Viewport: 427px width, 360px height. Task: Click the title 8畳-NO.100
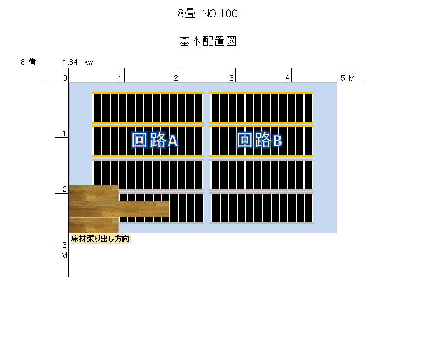[x=208, y=13]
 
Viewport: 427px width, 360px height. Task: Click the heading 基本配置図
[x=208, y=41]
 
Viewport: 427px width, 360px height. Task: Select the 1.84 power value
[x=70, y=62]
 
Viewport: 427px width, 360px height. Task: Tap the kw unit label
[x=89, y=62]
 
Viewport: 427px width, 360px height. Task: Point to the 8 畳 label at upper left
[x=28, y=62]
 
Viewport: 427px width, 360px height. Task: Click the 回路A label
[x=155, y=140]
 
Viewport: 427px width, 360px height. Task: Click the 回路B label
[x=259, y=140]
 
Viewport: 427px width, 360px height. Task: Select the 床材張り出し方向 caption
[x=100, y=239]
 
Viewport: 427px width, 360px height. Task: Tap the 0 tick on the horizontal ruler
[x=65, y=78]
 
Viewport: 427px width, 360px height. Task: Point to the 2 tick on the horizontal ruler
[x=176, y=78]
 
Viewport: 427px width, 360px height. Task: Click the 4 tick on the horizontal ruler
[x=287, y=78]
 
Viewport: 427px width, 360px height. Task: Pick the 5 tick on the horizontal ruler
[x=343, y=78]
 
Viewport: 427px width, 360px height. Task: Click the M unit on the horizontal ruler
[x=352, y=78]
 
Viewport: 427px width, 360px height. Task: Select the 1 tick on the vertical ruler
[x=64, y=134]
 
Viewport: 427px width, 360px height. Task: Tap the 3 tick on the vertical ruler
[x=65, y=245]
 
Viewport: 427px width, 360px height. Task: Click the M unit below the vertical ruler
[x=64, y=255]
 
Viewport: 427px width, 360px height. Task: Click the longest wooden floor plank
[x=119, y=209]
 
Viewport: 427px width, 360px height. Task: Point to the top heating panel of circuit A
[x=148, y=108]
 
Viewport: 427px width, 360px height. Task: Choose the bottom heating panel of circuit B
[x=262, y=208]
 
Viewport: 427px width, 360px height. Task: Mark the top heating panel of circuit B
[x=261, y=108]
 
